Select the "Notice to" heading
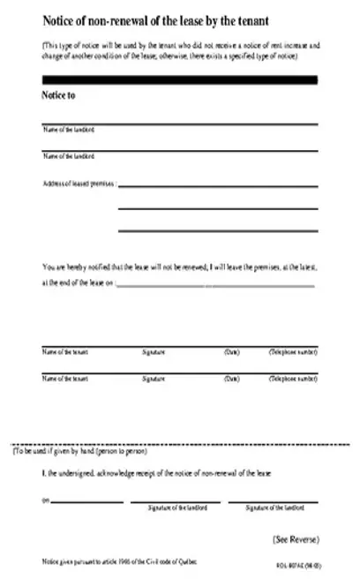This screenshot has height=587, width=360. click(58, 95)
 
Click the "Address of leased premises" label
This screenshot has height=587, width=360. click(79, 184)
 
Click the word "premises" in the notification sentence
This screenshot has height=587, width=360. click(274, 266)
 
